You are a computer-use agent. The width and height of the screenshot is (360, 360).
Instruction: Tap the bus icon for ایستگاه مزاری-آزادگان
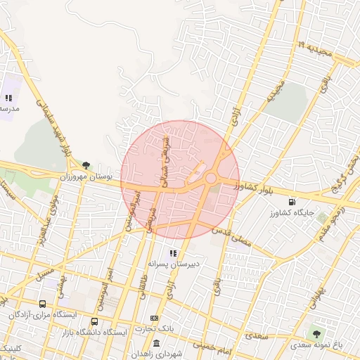click(x=44, y=304)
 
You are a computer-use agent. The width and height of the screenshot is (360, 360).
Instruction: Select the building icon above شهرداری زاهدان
click(x=156, y=342)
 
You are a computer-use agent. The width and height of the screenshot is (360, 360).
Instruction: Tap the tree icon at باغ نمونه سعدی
click(x=316, y=333)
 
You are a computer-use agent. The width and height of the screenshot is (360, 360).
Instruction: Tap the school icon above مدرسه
click(x=8, y=98)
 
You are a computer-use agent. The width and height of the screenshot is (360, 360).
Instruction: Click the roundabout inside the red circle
click(x=210, y=178)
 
